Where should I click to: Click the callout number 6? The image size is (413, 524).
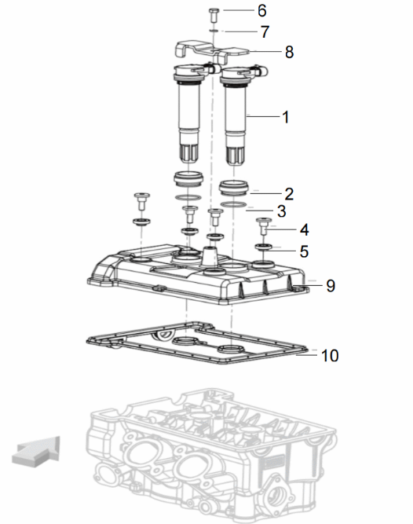tap(262, 11)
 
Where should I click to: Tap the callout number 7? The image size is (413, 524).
tap(265, 31)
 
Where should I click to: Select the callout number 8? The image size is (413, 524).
tap(289, 52)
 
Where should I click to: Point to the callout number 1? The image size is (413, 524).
tap(286, 117)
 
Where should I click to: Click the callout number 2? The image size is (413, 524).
tap(289, 194)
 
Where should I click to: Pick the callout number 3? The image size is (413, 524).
tap(282, 211)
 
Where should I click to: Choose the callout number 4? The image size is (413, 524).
tap(304, 230)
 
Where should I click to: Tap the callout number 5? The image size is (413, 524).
tap(304, 251)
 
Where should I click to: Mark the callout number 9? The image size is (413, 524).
tap(331, 286)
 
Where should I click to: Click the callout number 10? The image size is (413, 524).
tap(330, 356)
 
